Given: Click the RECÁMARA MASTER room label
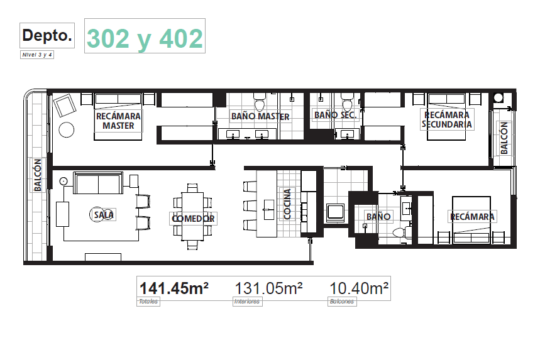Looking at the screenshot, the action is (x=118, y=121).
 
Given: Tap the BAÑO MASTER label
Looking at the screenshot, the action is (x=260, y=116).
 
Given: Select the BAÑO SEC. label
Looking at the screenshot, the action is (x=336, y=114).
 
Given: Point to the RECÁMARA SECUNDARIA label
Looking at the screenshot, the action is (x=447, y=119).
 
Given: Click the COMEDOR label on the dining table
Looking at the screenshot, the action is (x=193, y=219).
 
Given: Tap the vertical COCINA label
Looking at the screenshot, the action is (x=287, y=204).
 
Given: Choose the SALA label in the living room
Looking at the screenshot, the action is (x=104, y=215).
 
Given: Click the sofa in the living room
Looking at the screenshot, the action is (x=98, y=183).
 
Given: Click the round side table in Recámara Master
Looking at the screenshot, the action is (x=67, y=130).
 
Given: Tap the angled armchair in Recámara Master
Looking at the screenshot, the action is (x=64, y=106).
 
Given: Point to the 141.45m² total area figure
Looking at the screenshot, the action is (x=174, y=288).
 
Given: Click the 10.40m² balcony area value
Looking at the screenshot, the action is (x=359, y=288).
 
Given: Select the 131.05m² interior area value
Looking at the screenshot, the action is (x=268, y=288).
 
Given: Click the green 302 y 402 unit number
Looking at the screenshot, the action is (x=145, y=38).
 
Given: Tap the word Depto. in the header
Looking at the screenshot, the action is (x=47, y=35).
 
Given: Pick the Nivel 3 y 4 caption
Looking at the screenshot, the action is (x=37, y=55).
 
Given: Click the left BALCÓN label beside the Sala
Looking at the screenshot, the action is (x=38, y=175).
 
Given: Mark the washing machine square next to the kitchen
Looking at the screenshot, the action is (x=336, y=212).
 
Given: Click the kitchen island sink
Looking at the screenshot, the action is (x=269, y=209).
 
